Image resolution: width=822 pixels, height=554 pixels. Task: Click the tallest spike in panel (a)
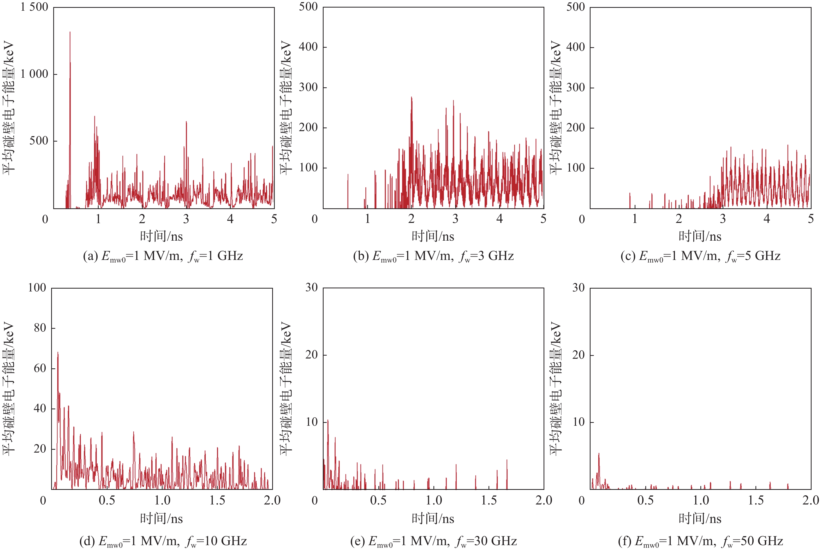(x=70, y=33)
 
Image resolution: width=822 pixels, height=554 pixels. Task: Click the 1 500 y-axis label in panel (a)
(x=34, y=7)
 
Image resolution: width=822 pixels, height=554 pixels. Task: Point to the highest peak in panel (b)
(x=412, y=98)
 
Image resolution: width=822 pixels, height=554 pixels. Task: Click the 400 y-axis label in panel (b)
(x=308, y=47)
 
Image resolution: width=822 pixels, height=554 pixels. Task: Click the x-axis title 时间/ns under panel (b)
(x=433, y=236)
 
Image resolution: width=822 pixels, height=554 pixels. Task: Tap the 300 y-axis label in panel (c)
(x=576, y=87)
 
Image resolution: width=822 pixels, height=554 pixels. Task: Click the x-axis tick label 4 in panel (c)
(x=766, y=219)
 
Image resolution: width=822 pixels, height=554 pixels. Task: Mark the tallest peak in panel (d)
(x=58, y=353)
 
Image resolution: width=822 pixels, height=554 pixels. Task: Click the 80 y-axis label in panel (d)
(x=40, y=328)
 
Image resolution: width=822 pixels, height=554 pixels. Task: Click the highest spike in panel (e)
(x=328, y=421)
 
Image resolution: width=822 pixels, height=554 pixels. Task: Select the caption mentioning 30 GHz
(x=433, y=541)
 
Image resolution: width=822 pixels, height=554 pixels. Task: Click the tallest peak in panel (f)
(x=599, y=454)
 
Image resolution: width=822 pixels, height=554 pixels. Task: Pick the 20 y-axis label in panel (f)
(x=579, y=355)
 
